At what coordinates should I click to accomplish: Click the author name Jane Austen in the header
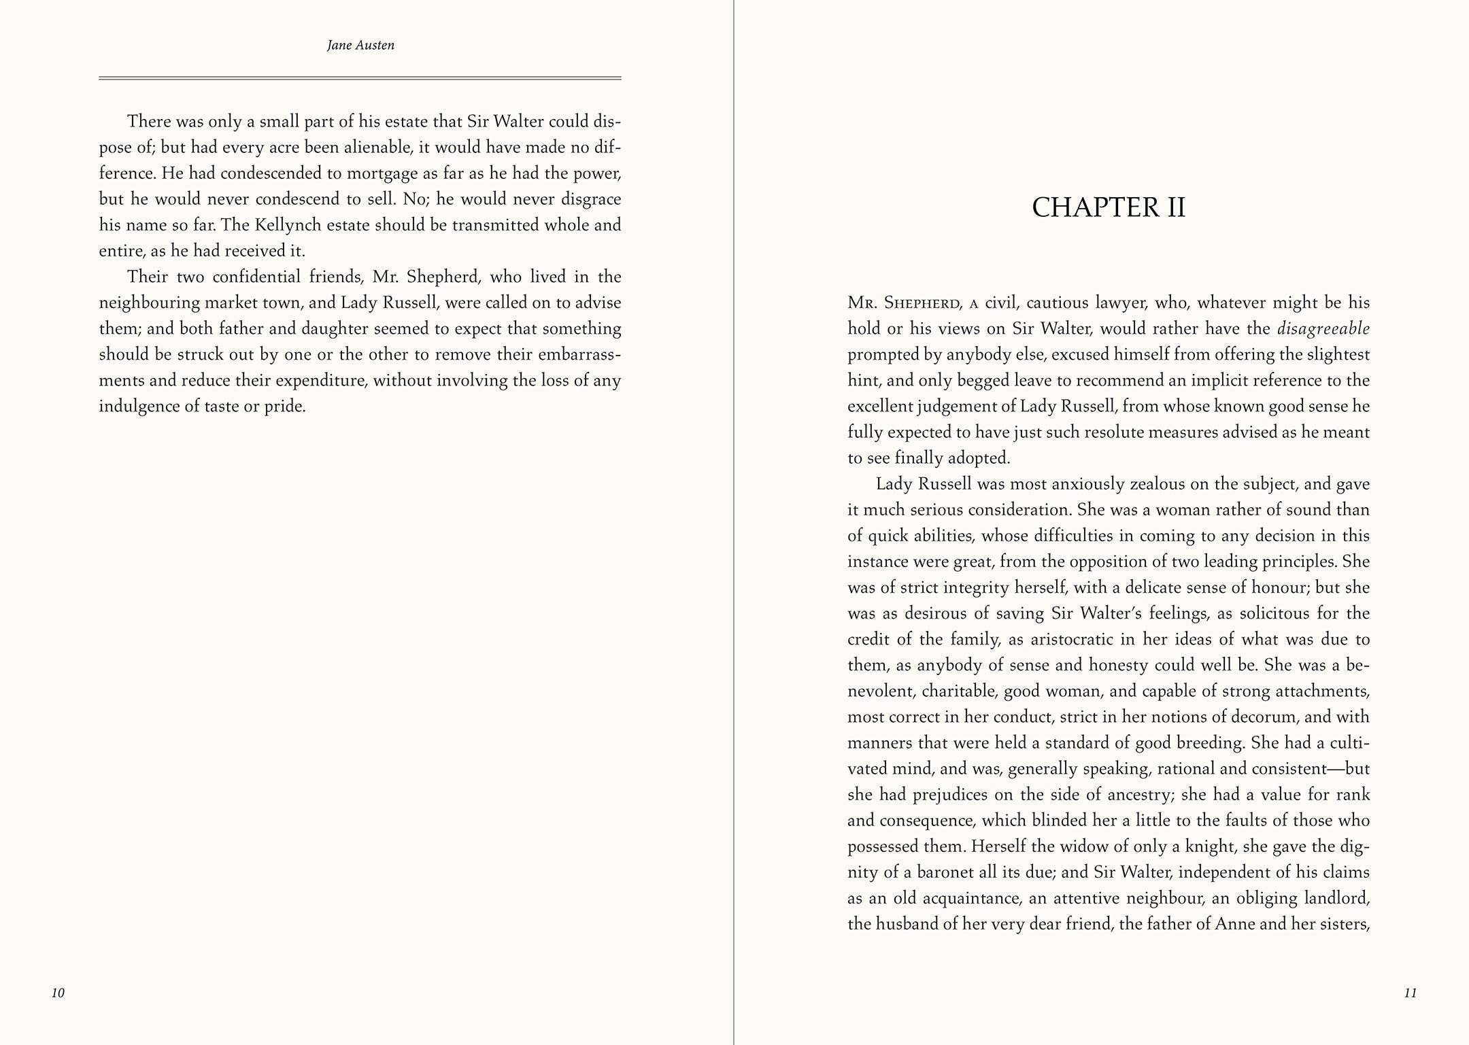[360, 46]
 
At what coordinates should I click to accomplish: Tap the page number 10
[58, 993]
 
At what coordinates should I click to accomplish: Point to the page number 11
[1411, 993]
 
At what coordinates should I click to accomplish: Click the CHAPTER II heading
[1109, 207]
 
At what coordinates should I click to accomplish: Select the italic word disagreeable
[1323, 329]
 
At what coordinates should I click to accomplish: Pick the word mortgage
[382, 173]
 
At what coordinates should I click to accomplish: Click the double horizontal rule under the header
[360, 78]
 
